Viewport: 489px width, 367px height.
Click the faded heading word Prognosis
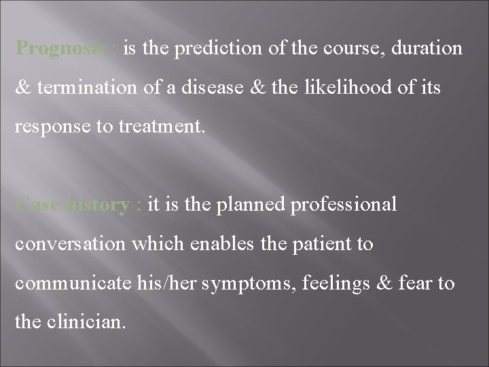(60, 49)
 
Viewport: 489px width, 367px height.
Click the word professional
(344, 205)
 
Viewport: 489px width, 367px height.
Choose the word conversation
(69, 243)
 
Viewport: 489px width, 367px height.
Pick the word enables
(211, 243)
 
